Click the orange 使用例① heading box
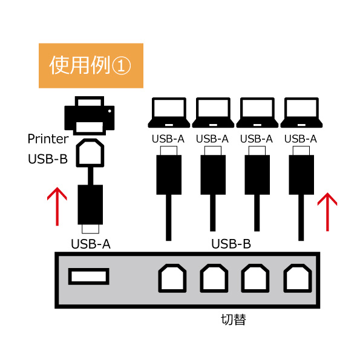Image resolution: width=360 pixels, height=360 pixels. pos(91,66)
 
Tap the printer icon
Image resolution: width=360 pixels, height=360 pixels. pos(90,116)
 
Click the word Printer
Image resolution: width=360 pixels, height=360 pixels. pos(48,139)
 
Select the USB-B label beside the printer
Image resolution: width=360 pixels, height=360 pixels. pos(48,159)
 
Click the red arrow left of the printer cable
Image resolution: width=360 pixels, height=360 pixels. pos(57,206)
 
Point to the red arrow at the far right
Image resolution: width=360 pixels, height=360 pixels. pos(327,212)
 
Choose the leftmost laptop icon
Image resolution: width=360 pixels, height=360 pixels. pos(169,113)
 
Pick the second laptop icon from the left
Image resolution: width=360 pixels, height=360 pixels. pos(213,113)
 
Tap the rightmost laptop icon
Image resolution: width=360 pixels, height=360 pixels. pos(301,113)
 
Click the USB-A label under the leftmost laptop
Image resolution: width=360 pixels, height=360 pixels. pos(168,139)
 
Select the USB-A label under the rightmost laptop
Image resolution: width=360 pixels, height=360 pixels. pos(301,139)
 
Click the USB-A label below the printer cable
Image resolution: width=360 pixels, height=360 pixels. pos(91,244)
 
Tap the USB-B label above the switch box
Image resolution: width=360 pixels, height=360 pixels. pos(231,244)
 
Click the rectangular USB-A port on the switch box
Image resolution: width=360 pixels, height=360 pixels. pos(88,277)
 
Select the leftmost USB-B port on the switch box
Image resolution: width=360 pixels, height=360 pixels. pos(172,278)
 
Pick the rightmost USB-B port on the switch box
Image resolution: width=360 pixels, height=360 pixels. pos(298,278)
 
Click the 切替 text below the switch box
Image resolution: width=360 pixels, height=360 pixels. pos(234,319)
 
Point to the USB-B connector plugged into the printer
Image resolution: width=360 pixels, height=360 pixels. pos(90,152)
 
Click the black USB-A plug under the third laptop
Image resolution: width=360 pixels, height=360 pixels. pos(257,174)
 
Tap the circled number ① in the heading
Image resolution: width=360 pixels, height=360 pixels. pos(121,66)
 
